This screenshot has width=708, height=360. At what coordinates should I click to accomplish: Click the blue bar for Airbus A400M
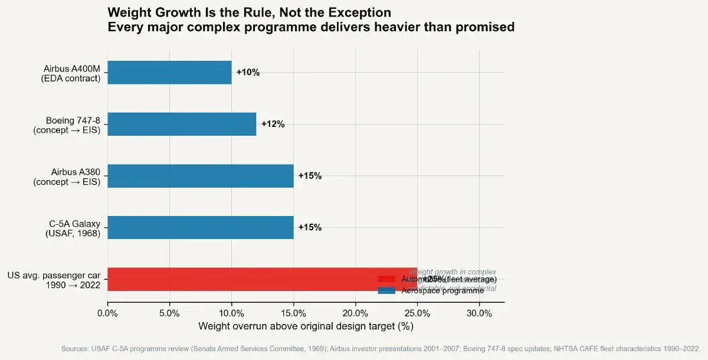coord(169,73)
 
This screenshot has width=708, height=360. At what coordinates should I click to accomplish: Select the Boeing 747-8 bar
coord(182,124)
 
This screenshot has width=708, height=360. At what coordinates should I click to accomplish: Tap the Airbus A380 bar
coord(201,176)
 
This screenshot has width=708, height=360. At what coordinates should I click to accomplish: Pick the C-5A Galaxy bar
coord(201,227)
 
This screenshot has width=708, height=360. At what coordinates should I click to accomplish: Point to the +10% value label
coord(248,73)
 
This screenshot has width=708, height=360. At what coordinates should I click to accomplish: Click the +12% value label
coord(273,125)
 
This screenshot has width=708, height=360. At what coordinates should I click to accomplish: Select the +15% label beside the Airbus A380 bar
coord(310,176)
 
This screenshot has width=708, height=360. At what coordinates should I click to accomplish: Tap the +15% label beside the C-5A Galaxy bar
coord(310,228)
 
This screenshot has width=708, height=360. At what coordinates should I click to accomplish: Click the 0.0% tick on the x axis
coord(107,313)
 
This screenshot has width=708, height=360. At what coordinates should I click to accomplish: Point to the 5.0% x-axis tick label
coord(169,313)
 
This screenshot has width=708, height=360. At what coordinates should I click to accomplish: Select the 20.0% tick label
coord(355,313)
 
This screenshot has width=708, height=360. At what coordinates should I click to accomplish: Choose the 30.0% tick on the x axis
coord(479,313)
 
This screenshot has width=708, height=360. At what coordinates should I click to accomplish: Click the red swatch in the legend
coord(386,279)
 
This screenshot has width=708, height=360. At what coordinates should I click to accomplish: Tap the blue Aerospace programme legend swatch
coord(386,291)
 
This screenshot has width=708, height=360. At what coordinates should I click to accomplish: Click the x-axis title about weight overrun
coord(306,326)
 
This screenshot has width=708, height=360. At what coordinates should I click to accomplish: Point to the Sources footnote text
coord(381,349)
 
